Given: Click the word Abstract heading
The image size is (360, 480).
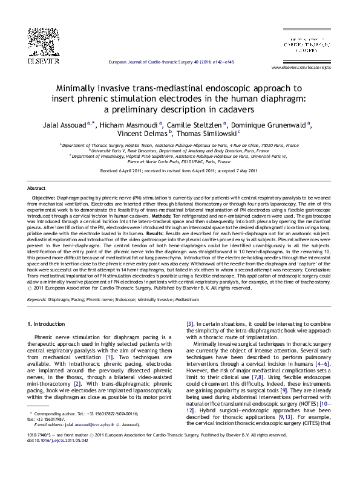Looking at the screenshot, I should (x=36, y=189).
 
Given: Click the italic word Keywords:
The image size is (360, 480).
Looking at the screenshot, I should (x=36, y=299).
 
